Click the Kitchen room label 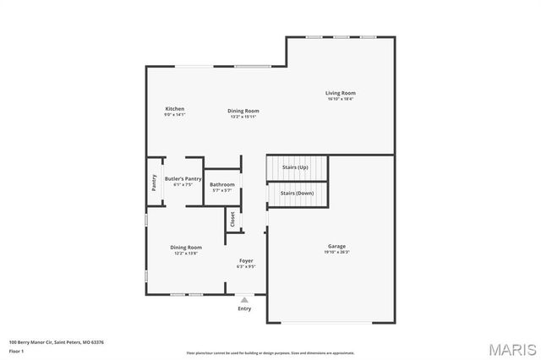point(175,109)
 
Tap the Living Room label point(341,93)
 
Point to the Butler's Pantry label point(183,178)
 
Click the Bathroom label point(222,184)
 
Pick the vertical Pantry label point(154,182)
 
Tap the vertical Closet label point(232,219)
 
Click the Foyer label point(246,260)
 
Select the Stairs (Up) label point(295,167)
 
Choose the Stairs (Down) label point(297,194)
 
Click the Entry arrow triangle point(244,299)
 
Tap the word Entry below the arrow point(244,308)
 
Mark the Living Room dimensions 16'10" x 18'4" point(341,99)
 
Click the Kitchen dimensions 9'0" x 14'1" point(175,115)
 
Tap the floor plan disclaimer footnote point(270,352)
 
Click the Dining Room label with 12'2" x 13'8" point(185,248)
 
